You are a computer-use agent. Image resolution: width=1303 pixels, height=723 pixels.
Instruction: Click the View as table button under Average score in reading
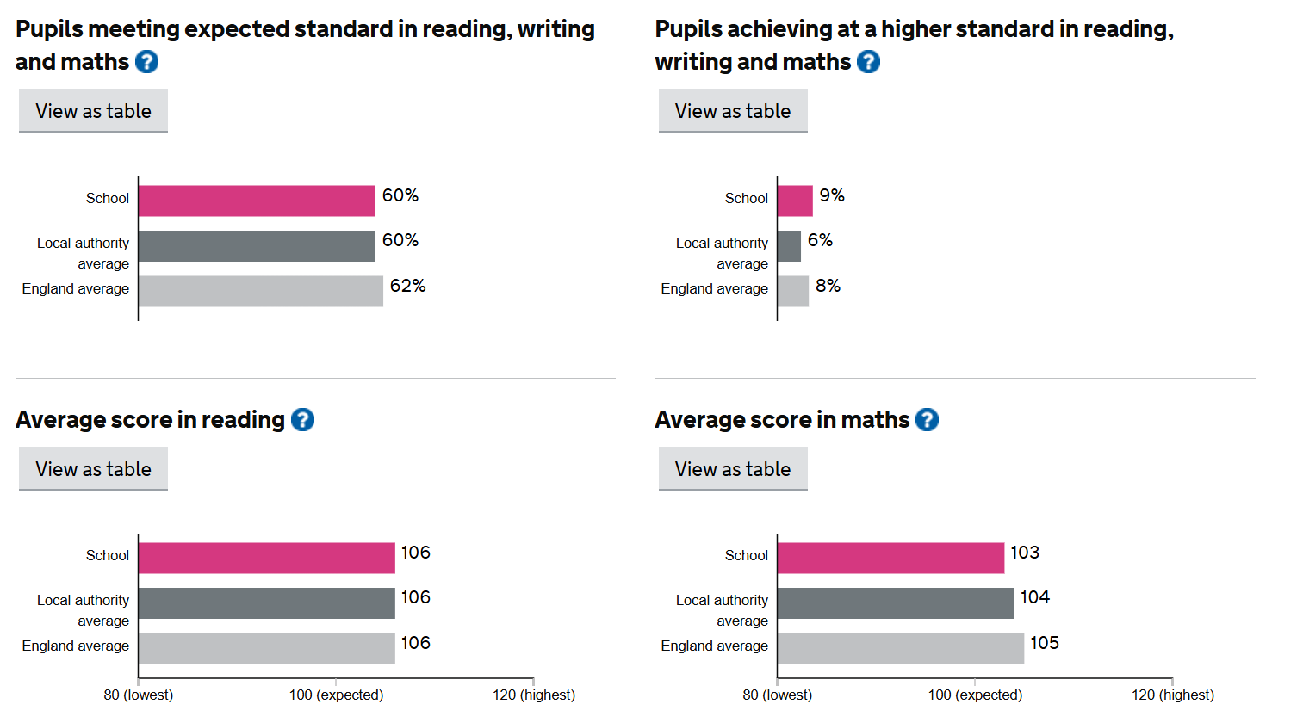(x=93, y=469)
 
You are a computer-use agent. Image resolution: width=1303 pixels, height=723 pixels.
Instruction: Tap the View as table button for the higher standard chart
(x=733, y=111)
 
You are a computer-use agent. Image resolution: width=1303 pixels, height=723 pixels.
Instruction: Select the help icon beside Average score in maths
(x=927, y=420)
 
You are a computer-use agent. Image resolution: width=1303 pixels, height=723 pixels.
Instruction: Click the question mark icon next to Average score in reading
(x=302, y=420)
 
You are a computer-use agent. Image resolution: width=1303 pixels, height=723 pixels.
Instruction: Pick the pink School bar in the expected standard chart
(x=257, y=201)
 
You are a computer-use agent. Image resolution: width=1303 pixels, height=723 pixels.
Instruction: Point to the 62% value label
(x=407, y=286)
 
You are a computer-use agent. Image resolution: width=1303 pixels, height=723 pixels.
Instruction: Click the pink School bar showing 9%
(x=795, y=201)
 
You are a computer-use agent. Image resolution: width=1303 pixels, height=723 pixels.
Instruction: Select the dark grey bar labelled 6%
(x=789, y=246)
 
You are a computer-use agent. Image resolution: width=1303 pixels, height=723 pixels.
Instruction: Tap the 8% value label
(x=828, y=286)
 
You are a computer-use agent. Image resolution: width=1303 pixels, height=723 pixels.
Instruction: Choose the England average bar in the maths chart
(x=901, y=648)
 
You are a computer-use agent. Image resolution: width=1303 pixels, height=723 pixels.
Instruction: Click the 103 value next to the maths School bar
(x=1025, y=553)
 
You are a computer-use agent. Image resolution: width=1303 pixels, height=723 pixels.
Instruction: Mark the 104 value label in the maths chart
(x=1034, y=597)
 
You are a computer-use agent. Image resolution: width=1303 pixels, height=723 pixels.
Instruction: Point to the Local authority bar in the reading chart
(x=267, y=603)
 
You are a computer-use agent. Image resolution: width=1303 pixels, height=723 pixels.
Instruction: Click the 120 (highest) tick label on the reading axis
(x=534, y=695)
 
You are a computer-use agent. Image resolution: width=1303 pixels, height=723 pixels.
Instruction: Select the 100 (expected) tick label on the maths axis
(x=975, y=695)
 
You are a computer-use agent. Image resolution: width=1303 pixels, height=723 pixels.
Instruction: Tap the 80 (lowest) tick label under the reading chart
(x=139, y=695)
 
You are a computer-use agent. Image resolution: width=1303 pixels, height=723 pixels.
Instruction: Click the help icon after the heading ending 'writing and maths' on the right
(x=868, y=62)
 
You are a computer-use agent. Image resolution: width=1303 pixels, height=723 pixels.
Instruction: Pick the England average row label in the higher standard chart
(x=714, y=288)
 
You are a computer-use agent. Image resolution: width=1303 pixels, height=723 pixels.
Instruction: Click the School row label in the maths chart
(x=746, y=555)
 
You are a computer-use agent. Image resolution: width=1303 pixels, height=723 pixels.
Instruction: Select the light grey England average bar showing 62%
(x=261, y=291)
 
